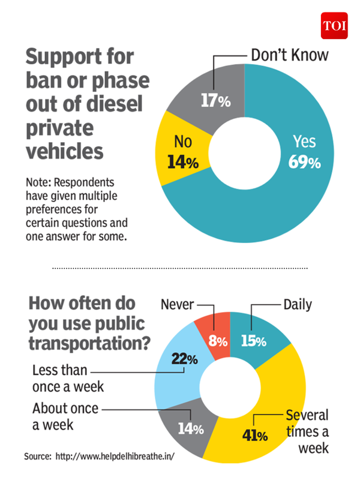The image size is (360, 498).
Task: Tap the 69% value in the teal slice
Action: [x=305, y=163]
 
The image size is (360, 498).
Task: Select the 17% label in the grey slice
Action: [x=215, y=101]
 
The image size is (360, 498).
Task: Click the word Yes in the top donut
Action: [x=304, y=142]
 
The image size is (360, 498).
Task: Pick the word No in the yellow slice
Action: [x=182, y=143]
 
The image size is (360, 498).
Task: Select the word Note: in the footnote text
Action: [x=40, y=182]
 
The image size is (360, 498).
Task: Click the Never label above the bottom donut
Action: [x=178, y=305]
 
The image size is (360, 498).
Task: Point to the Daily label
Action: [x=298, y=305]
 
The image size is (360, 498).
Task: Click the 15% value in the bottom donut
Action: [x=253, y=341]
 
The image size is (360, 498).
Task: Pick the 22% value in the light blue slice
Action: [x=184, y=359]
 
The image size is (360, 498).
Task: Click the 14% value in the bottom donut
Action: [x=191, y=429]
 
